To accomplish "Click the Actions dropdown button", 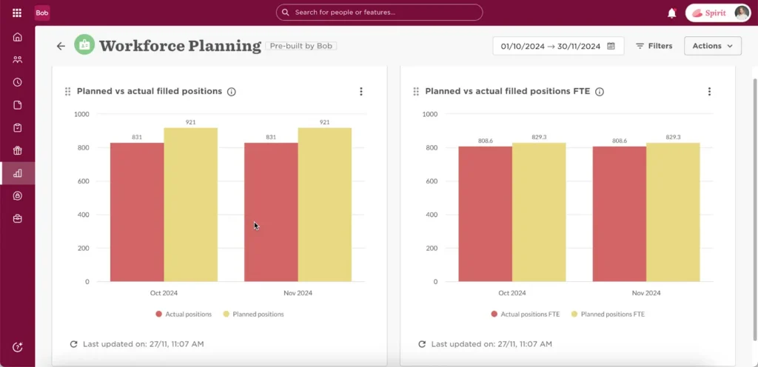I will coord(712,46).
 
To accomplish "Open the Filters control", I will coord(654,46).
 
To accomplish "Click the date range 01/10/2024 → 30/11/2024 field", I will coord(558,46).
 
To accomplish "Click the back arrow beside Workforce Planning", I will coord(61,46).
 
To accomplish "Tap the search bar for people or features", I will coord(379,13).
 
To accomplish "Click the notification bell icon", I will coord(671,13).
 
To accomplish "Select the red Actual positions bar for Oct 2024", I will coord(137,212).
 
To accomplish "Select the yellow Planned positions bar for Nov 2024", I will coord(324,204).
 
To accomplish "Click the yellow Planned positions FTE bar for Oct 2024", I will coord(538,212).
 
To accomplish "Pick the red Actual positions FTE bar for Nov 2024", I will coord(619,214).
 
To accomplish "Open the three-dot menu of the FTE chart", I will coord(709,92).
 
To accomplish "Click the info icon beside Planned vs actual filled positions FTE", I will coord(600,92).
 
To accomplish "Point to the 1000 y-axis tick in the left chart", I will coord(81,114).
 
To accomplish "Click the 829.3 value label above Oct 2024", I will coord(538,137).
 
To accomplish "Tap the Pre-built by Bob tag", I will coord(301,46).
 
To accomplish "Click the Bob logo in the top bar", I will coord(42,13).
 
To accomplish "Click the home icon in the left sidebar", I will coord(17,38).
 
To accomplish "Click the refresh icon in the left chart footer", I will coord(73,344).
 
